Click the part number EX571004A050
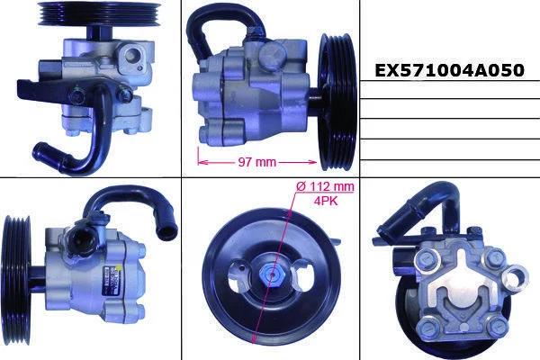tap(449, 70)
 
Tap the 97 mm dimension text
tap(256, 162)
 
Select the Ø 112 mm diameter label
tap(325, 186)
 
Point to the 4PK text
tap(326, 202)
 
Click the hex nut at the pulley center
tap(272, 274)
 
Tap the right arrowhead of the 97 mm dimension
tap(312, 162)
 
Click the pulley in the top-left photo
tap(99, 13)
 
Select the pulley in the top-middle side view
tap(337, 102)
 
